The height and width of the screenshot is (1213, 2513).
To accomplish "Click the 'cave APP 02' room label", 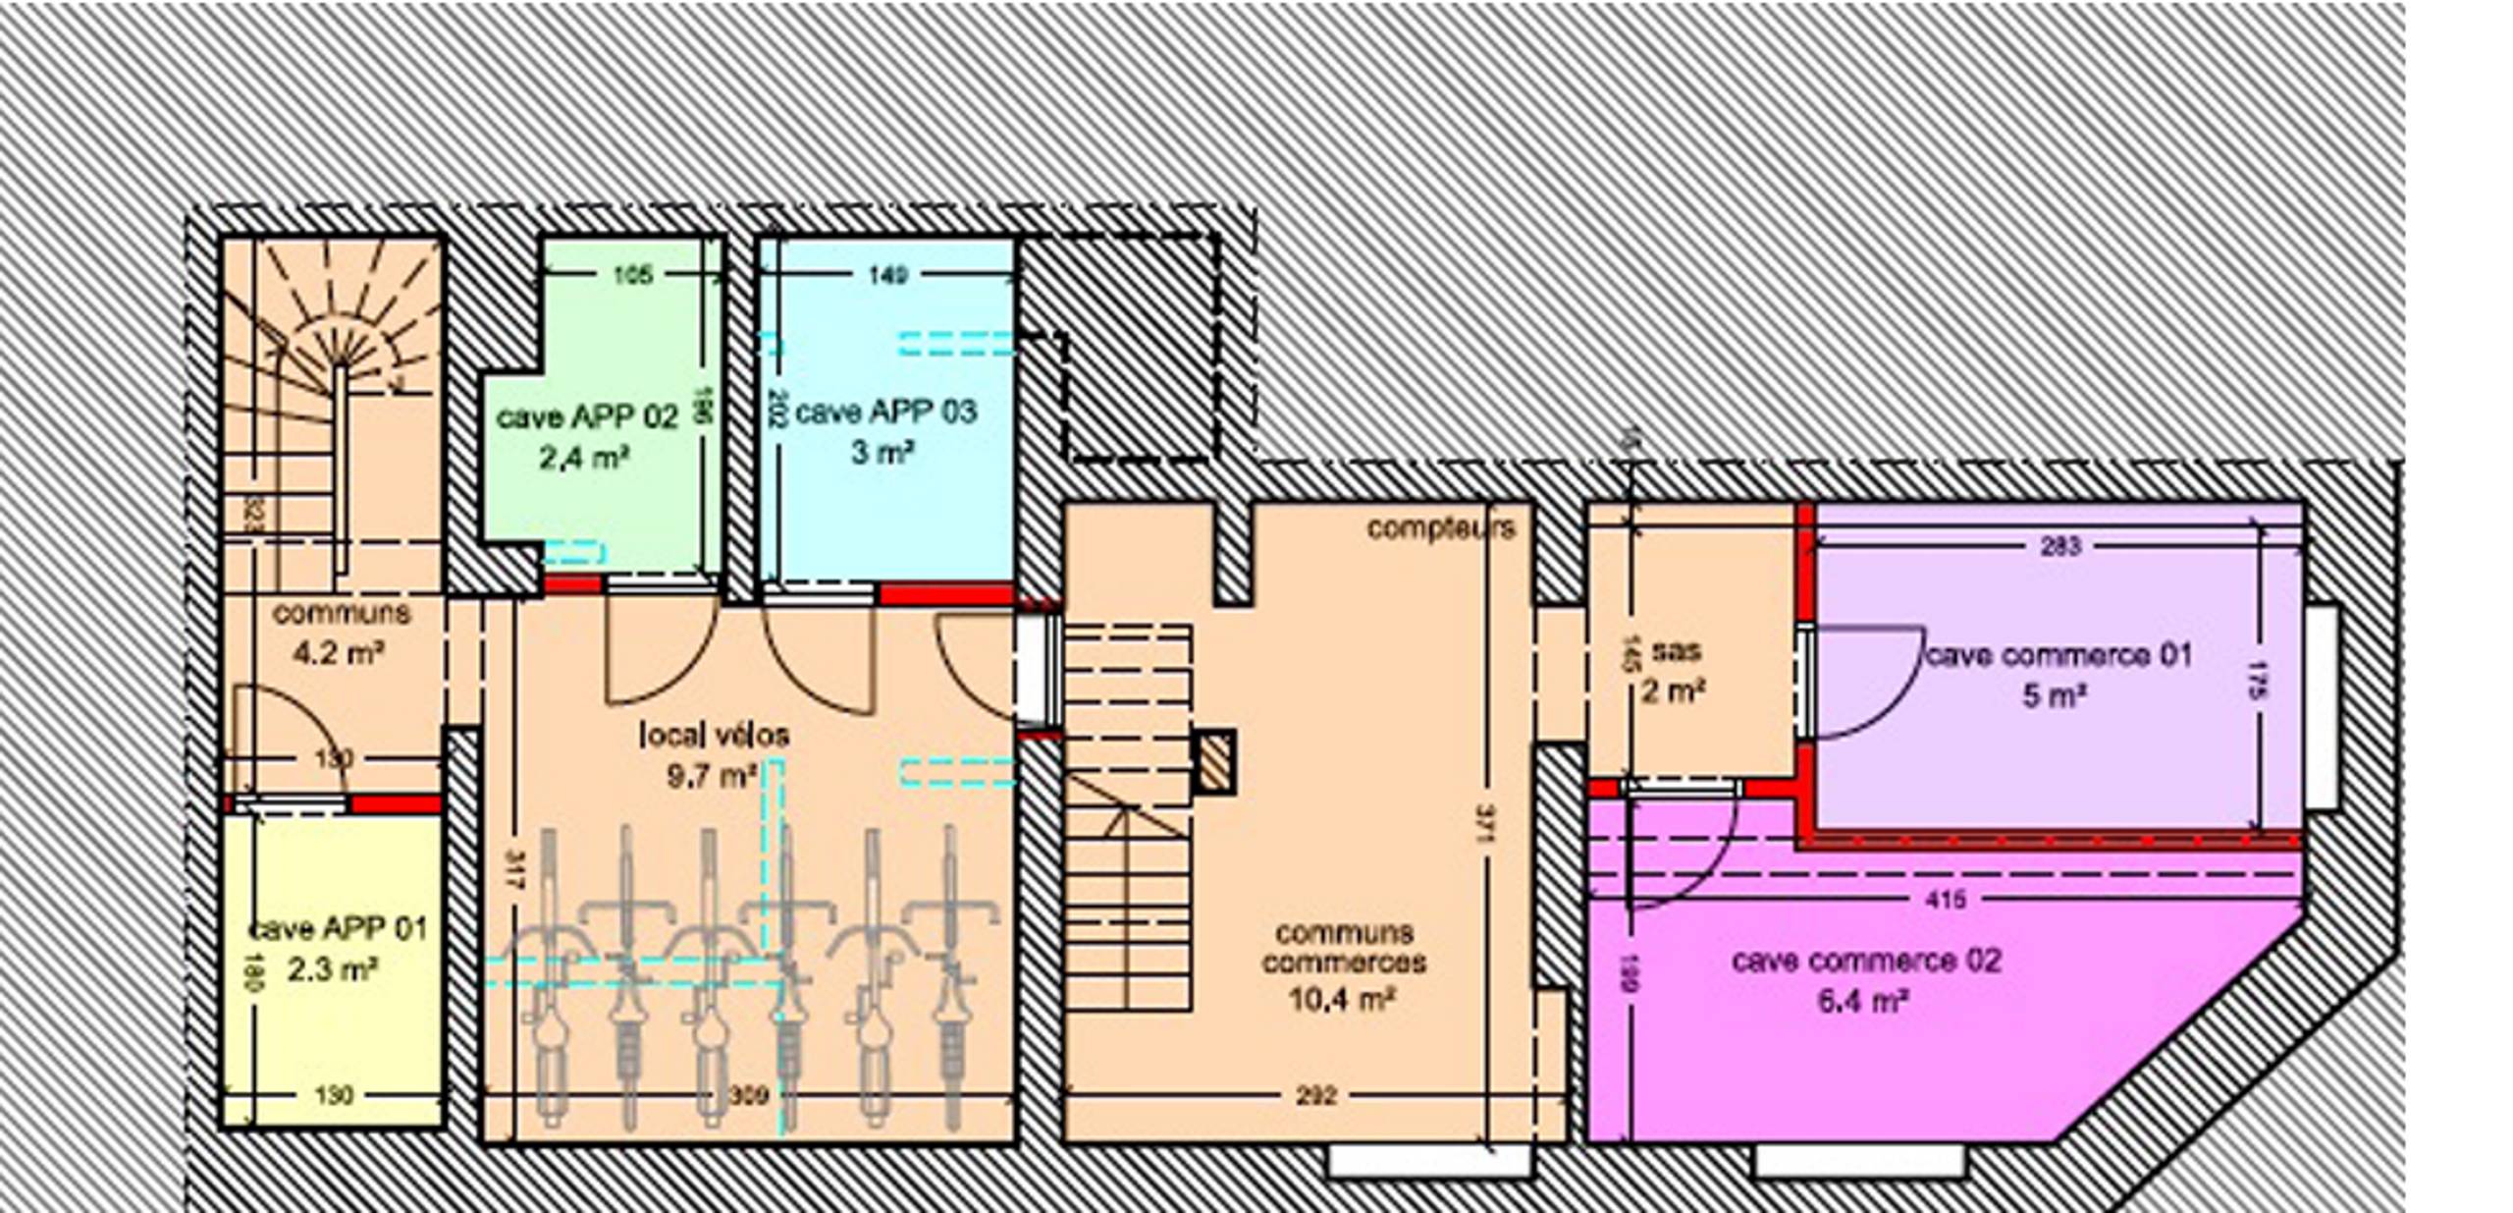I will (x=587, y=417).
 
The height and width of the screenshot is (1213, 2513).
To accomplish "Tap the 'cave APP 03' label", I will (x=885, y=412).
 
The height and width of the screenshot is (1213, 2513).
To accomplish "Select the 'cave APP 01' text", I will (x=338, y=928).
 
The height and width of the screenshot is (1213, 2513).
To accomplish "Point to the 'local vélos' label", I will (x=714, y=735).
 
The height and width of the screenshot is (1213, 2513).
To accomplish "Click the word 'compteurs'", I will (x=1441, y=528).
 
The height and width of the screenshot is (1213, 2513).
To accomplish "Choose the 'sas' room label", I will (x=1676, y=650).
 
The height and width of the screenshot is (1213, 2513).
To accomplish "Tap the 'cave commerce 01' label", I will (x=2059, y=655).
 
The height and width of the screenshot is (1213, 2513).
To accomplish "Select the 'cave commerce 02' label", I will (x=1865, y=960).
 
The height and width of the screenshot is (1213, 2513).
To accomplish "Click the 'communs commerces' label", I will (x=1344, y=947).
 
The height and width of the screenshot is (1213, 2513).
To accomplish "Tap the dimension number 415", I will (x=1946, y=899).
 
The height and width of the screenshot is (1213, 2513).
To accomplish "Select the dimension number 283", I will (x=2059, y=546).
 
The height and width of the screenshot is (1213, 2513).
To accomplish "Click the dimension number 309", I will (x=748, y=1094).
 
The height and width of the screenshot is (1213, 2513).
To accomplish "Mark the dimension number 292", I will (x=1315, y=1094).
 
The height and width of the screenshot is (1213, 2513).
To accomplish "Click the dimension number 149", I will (x=887, y=274).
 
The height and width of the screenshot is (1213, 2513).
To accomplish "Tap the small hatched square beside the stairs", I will (x=1214, y=761).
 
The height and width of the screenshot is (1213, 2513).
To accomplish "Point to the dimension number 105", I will (x=632, y=274).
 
